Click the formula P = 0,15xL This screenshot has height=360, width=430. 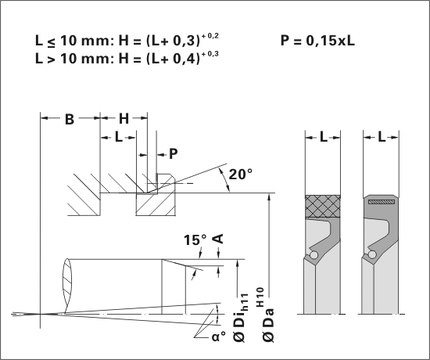tap(317, 41)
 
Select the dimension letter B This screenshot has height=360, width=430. tap(70, 119)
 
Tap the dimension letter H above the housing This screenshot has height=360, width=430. tap(124, 119)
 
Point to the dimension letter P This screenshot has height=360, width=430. tap(174, 154)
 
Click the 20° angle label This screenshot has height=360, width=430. tap(241, 174)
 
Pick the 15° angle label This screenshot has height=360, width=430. tap(195, 239)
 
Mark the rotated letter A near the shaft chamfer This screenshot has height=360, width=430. tap(218, 239)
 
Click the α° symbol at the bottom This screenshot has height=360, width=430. tap(219, 337)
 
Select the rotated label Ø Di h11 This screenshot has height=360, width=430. tap(241, 318)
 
